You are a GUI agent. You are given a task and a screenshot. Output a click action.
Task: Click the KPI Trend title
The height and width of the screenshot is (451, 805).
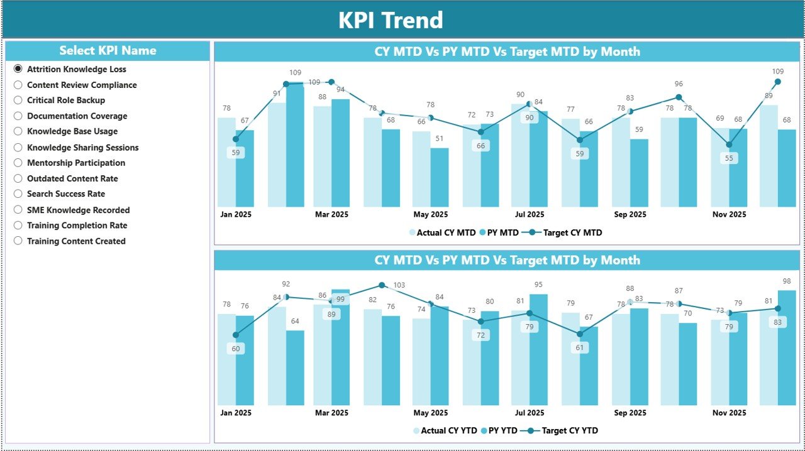click(391, 20)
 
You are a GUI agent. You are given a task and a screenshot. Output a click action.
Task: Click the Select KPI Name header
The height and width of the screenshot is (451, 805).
click(108, 51)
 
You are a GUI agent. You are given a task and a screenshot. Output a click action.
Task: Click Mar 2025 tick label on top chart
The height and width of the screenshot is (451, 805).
click(331, 214)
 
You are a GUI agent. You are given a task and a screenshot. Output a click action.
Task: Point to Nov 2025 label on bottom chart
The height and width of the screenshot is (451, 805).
click(729, 413)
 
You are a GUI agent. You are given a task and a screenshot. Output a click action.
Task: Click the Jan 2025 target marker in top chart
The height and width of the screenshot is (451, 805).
click(236, 139)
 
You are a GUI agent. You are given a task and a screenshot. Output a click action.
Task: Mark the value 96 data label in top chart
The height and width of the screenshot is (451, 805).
click(679, 84)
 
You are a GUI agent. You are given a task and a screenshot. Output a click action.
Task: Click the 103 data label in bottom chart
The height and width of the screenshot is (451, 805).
click(399, 285)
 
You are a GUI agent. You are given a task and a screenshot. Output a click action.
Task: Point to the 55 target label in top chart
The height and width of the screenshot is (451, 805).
click(729, 159)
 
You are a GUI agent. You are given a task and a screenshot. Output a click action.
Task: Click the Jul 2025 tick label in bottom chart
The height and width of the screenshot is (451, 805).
click(529, 413)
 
